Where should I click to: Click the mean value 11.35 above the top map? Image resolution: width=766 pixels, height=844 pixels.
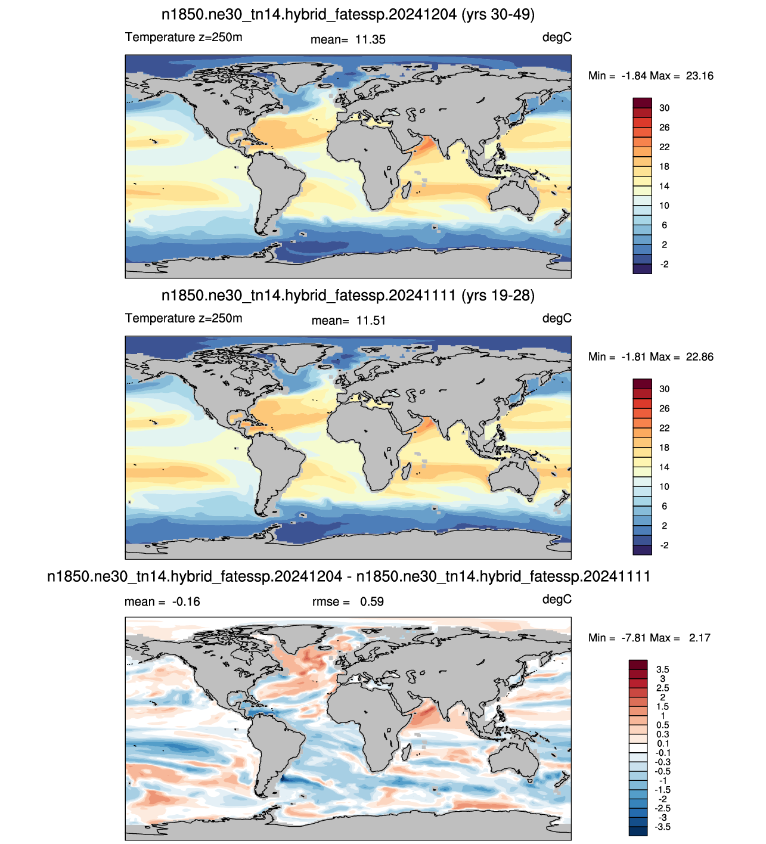pyautogui.click(x=370, y=39)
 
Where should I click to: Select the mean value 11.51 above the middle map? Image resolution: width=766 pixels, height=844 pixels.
pyautogui.click(x=371, y=321)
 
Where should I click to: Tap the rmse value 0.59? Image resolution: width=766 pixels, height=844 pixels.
pyautogui.click(x=371, y=601)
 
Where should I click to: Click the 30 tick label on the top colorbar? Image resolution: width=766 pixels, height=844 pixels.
pyautogui.click(x=664, y=108)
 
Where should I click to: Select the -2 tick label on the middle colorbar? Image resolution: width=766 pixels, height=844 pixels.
pyautogui.click(x=664, y=545)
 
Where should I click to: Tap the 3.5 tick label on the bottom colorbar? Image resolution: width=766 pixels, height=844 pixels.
pyautogui.click(x=662, y=669)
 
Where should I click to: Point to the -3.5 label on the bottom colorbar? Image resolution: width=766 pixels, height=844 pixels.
pyautogui.click(x=662, y=827)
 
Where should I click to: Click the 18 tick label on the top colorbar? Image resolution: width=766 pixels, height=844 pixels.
pyautogui.click(x=664, y=167)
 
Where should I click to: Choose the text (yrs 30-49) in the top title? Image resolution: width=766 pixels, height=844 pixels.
pyautogui.click(x=498, y=15)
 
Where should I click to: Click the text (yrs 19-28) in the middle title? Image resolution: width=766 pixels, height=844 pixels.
pyautogui.click(x=498, y=296)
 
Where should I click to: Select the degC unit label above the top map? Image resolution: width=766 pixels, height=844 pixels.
pyautogui.click(x=557, y=38)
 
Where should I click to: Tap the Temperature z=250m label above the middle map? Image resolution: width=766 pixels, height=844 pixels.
pyautogui.click(x=184, y=318)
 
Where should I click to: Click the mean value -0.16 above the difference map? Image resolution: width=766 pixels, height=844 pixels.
pyautogui.click(x=186, y=601)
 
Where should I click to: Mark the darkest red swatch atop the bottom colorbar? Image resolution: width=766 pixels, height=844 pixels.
pyautogui.click(x=638, y=665)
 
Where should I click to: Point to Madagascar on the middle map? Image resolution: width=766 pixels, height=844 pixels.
pyautogui.click(x=406, y=471)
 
